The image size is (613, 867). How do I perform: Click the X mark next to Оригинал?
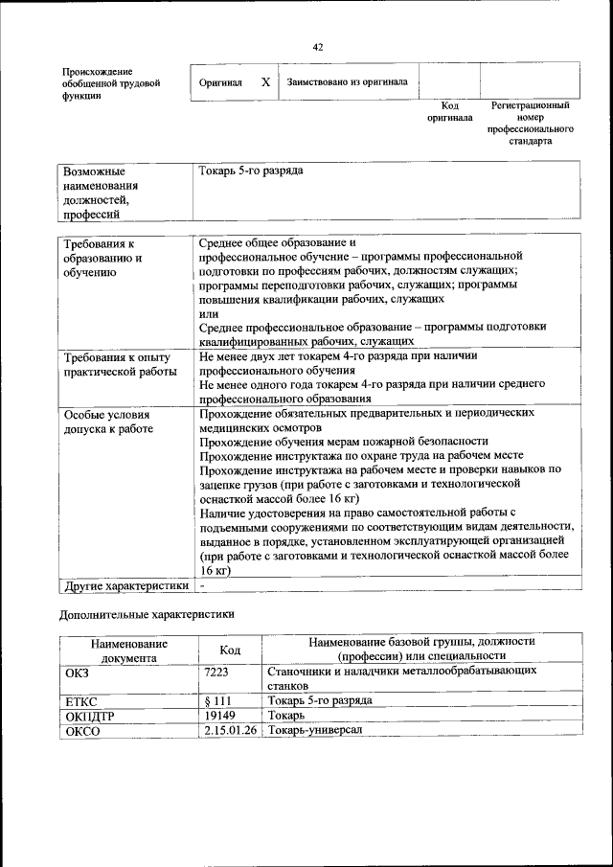tap(264, 81)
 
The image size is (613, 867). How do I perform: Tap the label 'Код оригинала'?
tap(449, 111)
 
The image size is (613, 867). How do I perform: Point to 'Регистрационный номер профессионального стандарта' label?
tap(530, 123)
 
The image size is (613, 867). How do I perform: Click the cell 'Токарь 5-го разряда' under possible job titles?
tap(251, 170)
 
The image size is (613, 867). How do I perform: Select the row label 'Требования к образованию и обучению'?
tap(103, 258)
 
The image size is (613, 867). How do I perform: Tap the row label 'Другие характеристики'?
tap(125, 584)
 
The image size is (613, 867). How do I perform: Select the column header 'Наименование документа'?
tap(129, 650)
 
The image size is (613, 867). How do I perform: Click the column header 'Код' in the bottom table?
tap(230, 650)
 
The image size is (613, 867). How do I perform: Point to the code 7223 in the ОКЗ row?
tap(216, 673)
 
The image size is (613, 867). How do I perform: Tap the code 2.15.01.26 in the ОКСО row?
tap(230, 731)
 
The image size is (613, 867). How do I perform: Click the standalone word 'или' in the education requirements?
tap(208, 313)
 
